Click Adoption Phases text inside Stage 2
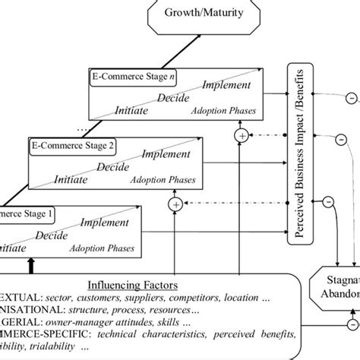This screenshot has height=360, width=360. coord(165,181)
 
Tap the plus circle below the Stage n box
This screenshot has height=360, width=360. coord(242,136)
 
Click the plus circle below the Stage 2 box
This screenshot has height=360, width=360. coord(176,204)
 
